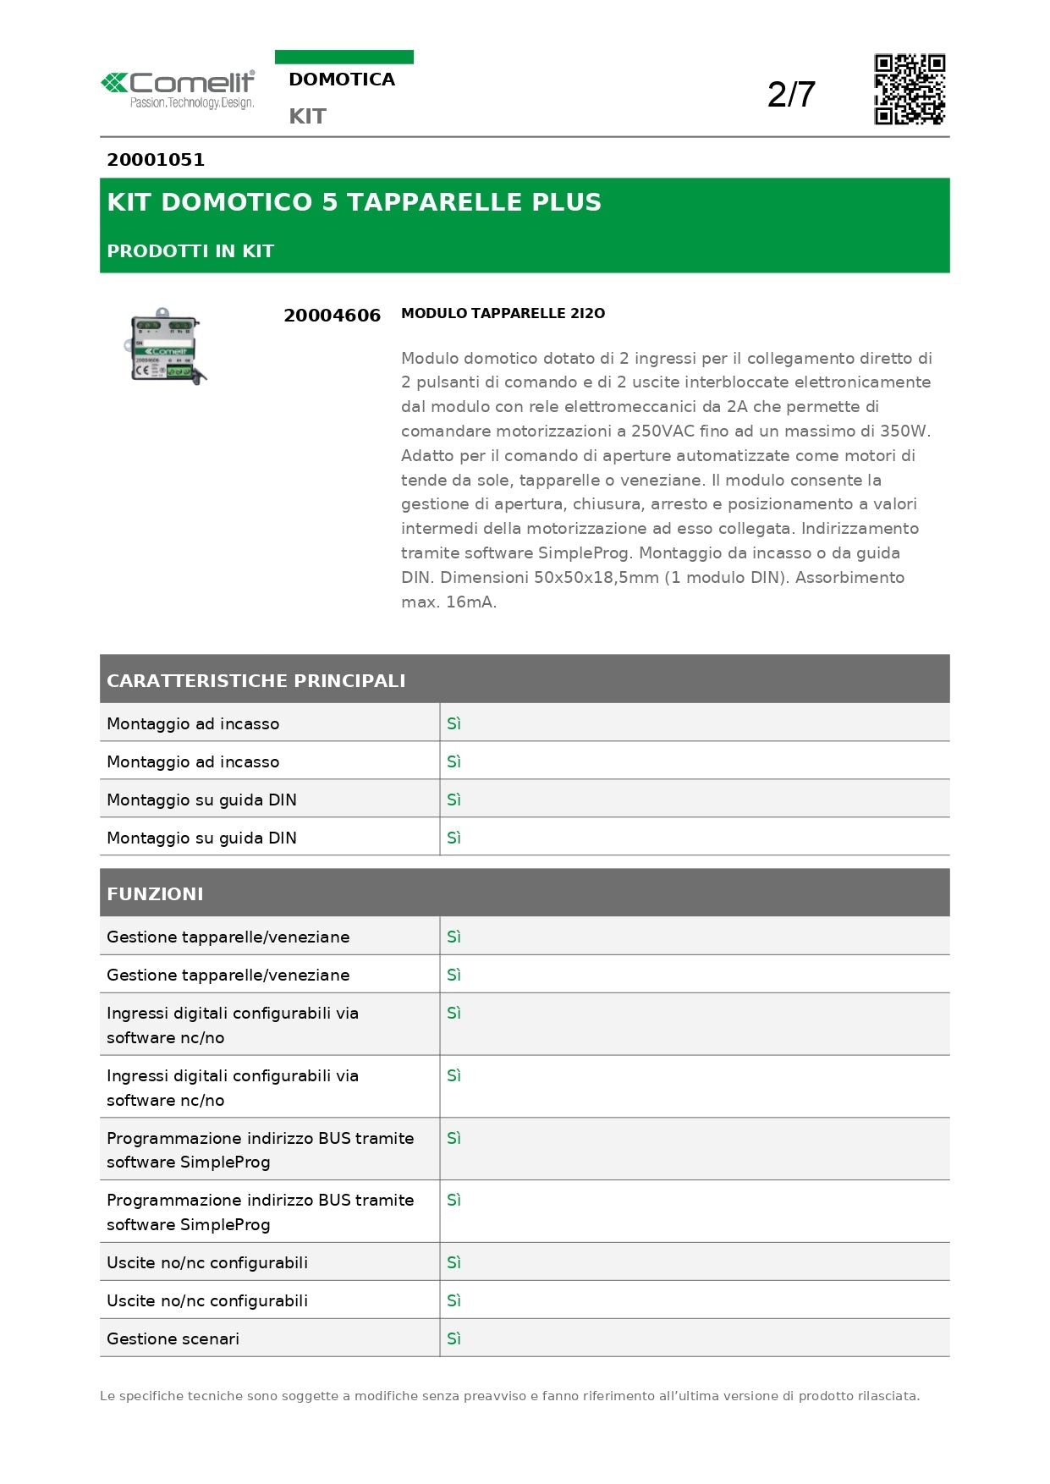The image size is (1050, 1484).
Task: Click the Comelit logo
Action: (178, 89)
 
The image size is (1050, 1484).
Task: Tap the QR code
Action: (909, 90)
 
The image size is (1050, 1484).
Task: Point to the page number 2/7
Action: (791, 94)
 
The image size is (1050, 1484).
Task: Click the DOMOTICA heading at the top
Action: (342, 80)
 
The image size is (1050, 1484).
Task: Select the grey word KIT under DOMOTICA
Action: (307, 116)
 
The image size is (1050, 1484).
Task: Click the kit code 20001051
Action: (156, 160)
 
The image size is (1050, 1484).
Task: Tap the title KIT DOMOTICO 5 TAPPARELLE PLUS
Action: (354, 202)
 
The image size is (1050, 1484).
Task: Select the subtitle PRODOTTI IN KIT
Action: (190, 251)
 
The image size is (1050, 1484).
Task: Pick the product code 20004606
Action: (332, 316)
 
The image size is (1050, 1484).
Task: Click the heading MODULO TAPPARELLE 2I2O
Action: (503, 313)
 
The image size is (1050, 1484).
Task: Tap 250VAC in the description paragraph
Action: (662, 431)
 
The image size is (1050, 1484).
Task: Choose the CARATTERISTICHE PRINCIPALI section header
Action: (256, 680)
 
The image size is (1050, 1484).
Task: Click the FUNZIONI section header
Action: (155, 893)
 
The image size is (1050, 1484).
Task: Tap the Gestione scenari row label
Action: (173, 1338)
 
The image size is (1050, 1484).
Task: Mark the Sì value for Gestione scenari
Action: (454, 1338)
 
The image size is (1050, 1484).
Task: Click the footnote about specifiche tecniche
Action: (509, 1396)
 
